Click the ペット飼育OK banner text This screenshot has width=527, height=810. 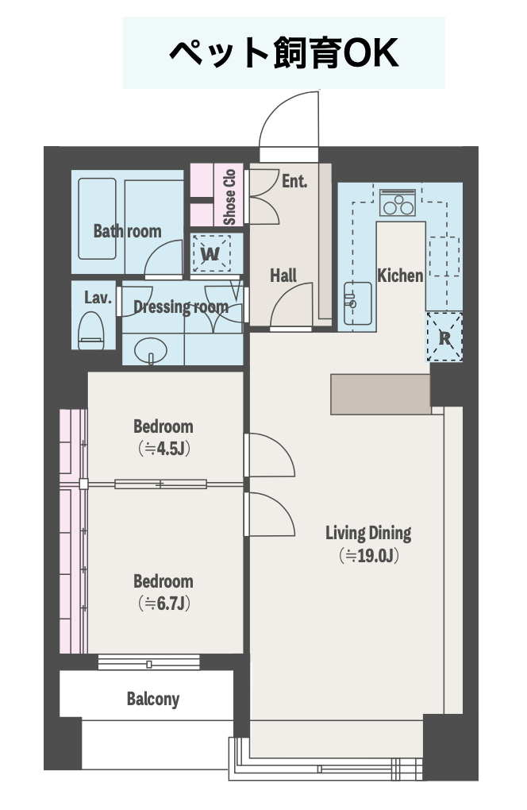click(x=284, y=52)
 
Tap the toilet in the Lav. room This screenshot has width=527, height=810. click(x=90, y=330)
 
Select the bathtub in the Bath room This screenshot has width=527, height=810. click(x=97, y=218)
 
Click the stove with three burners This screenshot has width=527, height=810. click(x=398, y=202)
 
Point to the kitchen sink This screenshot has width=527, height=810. click(x=357, y=303)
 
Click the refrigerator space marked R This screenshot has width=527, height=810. click(x=444, y=337)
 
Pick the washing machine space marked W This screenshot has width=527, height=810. click(x=210, y=253)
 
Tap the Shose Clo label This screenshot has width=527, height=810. click(x=229, y=197)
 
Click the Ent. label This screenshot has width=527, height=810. click(x=294, y=181)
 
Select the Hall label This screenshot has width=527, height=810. click(x=283, y=276)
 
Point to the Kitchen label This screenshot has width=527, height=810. click(x=400, y=276)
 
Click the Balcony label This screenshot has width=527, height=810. click(x=153, y=699)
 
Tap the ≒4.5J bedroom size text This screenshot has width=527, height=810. click(x=164, y=449)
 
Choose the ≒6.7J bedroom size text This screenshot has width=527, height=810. click(x=164, y=603)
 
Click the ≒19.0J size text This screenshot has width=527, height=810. click(x=368, y=555)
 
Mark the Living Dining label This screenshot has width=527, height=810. click(x=368, y=533)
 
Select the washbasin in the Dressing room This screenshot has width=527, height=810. click(x=151, y=351)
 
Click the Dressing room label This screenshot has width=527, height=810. click(x=181, y=307)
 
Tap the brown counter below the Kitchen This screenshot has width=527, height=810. click(x=380, y=394)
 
